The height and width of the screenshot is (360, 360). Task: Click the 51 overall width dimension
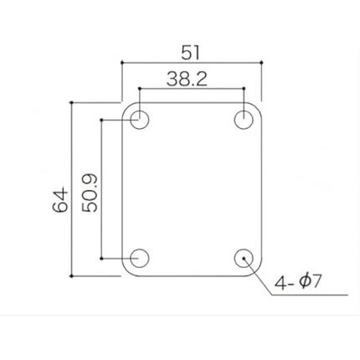[x=190, y=52]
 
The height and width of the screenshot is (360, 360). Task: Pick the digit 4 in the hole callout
[x=280, y=283]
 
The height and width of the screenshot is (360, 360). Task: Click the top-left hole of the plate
[x=140, y=120]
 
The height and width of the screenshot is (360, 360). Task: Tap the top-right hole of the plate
[x=244, y=120]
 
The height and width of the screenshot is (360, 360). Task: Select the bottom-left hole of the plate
[x=140, y=258]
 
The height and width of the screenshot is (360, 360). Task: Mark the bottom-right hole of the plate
[x=244, y=258]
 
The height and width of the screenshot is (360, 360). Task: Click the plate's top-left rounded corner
[x=128, y=108]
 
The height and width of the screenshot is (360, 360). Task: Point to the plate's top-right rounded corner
[x=255, y=108]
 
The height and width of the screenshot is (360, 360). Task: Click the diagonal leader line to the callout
[x=260, y=277]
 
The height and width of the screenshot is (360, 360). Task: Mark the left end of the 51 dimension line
[x=122, y=62]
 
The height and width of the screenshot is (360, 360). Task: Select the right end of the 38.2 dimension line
[x=244, y=88]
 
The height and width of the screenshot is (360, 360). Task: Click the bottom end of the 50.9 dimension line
[x=102, y=258]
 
